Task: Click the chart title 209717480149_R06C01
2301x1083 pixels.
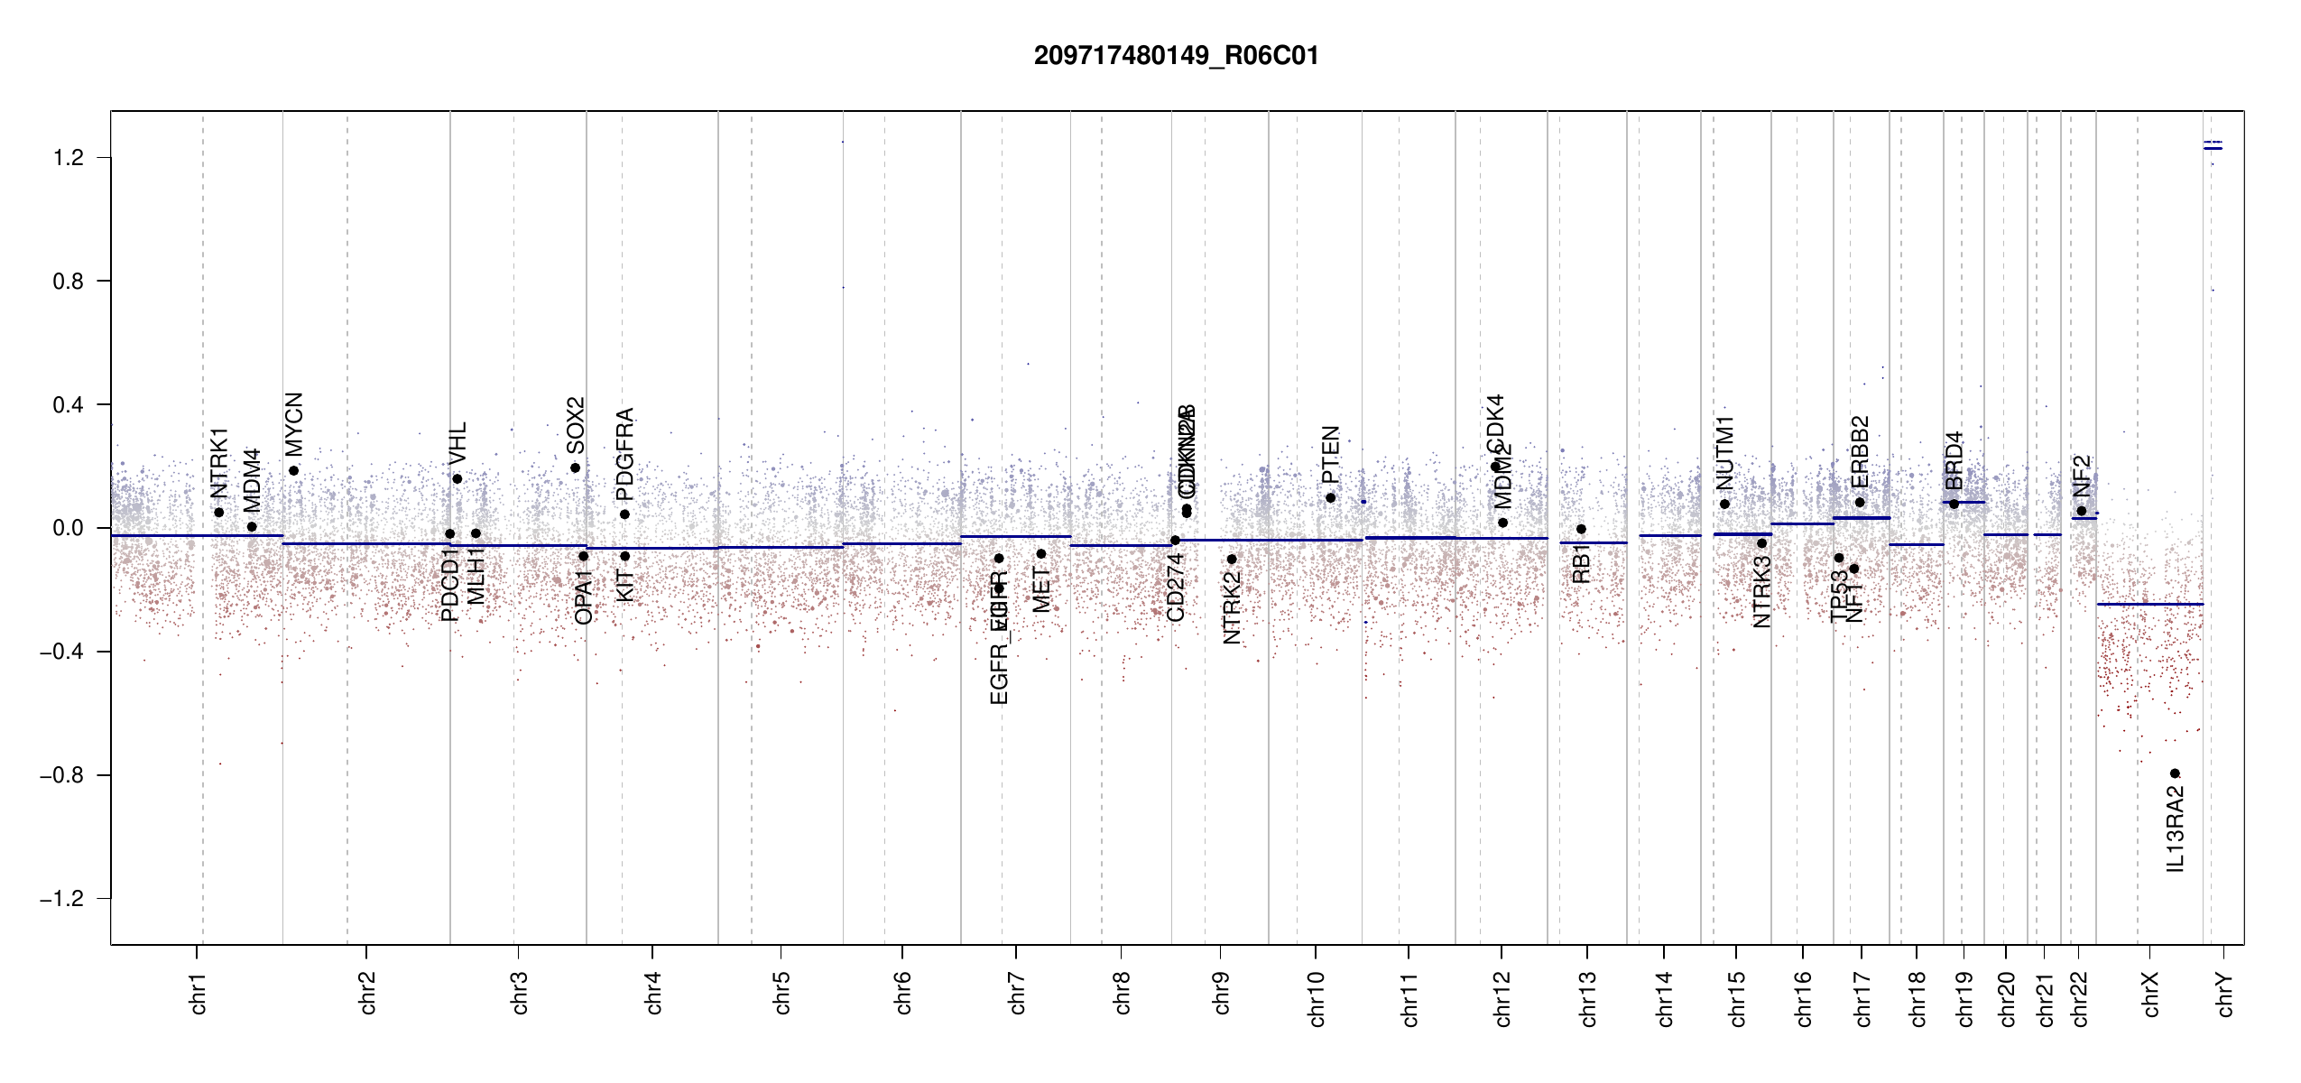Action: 1176,56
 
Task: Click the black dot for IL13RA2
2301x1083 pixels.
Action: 2175,773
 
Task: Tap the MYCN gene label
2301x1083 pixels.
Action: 294,424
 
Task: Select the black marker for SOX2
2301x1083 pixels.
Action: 575,467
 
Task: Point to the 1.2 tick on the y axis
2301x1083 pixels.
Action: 68,158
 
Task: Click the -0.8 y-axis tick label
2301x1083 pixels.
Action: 61,775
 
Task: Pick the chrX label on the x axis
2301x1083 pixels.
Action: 2150,994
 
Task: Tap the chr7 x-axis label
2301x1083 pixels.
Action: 1017,994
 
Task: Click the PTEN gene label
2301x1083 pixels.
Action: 1330,455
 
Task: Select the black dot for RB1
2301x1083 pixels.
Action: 1581,529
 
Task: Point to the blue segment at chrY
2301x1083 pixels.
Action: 2213,148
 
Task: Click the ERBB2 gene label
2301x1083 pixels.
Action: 1860,450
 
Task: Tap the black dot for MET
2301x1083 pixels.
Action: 1041,553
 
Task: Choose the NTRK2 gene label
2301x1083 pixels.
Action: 1232,607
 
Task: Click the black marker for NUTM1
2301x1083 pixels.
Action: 1724,504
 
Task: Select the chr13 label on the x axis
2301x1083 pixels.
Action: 1588,998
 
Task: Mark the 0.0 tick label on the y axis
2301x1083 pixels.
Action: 68,528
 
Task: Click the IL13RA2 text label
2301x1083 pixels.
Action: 2176,828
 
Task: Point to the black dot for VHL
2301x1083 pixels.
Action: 457,478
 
